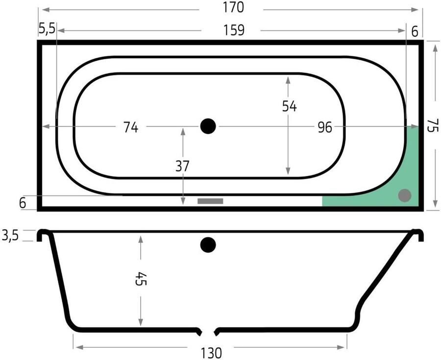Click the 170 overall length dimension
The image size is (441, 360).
pyautogui.click(x=233, y=7)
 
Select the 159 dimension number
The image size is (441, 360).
pyautogui.click(x=234, y=30)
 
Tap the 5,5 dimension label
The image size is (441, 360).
pyautogui.click(x=47, y=29)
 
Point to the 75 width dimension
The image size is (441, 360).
pyautogui.click(x=433, y=125)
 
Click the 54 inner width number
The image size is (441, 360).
pyautogui.click(x=290, y=106)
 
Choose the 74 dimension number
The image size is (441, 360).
pyautogui.click(x=131, y=127)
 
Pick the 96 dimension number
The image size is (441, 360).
pyautogui.click(x=325, y=127)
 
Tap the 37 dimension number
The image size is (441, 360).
pyautogui.click(x=182, y=166)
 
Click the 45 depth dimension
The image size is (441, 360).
pyautogui.click(x=141, y=279)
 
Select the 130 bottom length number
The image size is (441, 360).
pyautogui.click(x=211, y=353)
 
